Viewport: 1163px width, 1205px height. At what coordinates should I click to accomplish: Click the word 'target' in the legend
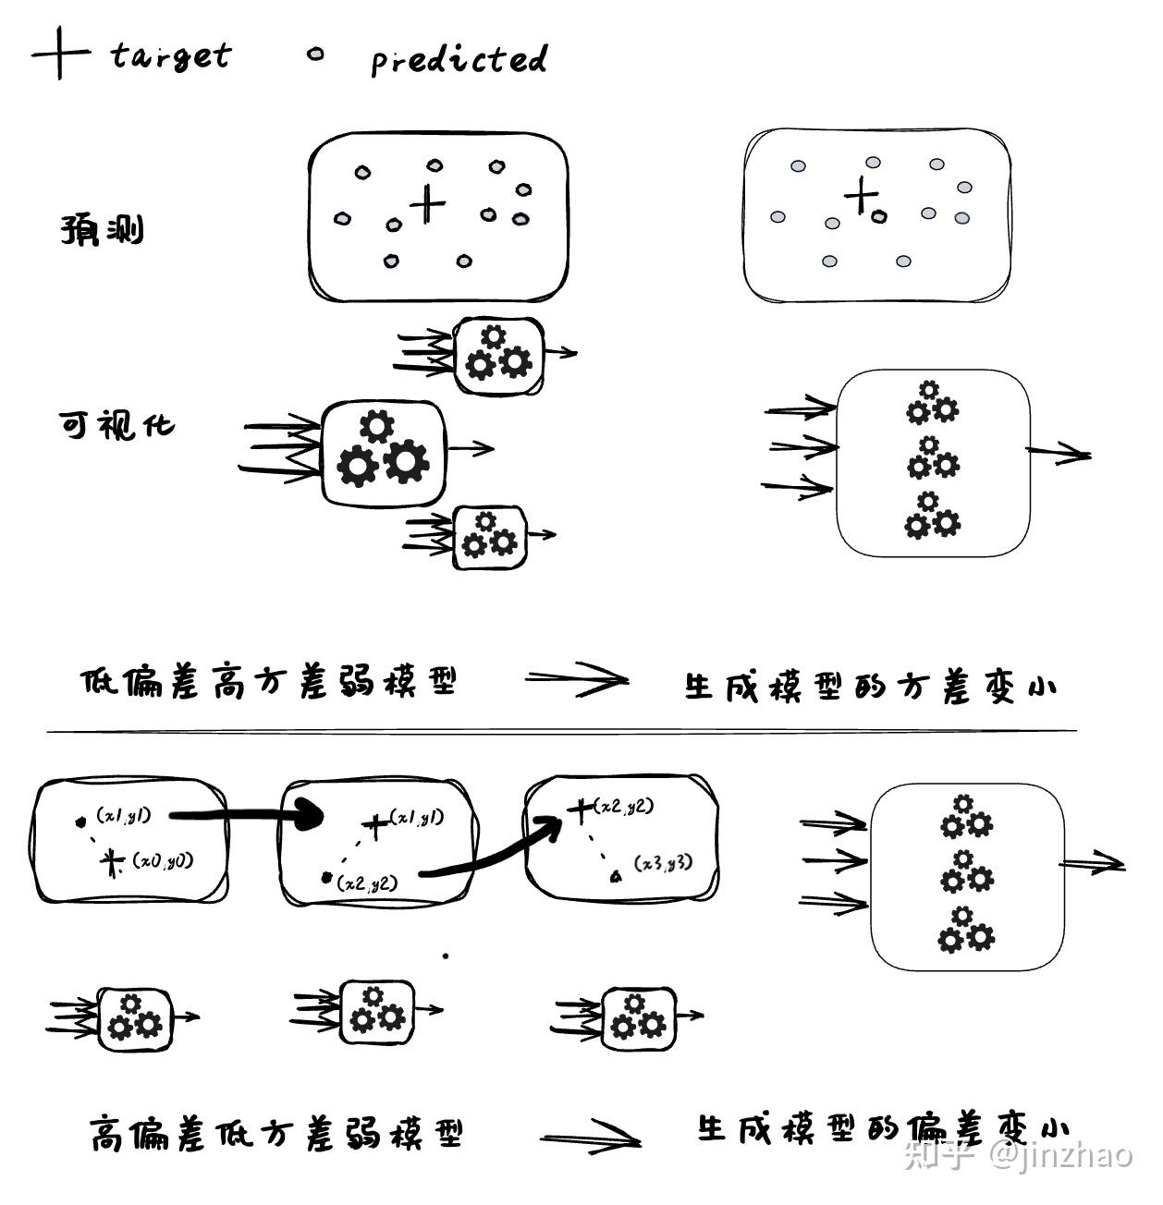click(170, 55)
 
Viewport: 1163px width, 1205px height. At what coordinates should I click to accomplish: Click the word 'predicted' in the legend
click(459, 60)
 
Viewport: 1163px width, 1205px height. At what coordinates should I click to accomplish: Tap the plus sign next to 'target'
click(59, 54)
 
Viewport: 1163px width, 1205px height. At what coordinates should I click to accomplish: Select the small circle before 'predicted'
click(315, 55)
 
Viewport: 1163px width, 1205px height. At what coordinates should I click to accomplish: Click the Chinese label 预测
click(103, 230)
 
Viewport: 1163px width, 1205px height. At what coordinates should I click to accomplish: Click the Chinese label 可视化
click(116, 426)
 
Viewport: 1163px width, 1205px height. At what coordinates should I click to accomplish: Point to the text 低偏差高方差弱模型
click(269, 683)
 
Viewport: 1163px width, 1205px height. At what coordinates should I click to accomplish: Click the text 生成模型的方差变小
click(870, 687)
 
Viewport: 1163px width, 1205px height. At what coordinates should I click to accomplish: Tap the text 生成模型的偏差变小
click(882, 1128)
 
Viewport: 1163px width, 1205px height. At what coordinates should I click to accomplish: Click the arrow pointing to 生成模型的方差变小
click(576, 681)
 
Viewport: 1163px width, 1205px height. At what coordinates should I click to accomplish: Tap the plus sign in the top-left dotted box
click(426, 203)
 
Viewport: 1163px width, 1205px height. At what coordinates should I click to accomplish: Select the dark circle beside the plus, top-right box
click(878, 216)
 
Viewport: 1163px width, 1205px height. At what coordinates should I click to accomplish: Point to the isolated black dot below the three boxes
click(446, 956)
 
